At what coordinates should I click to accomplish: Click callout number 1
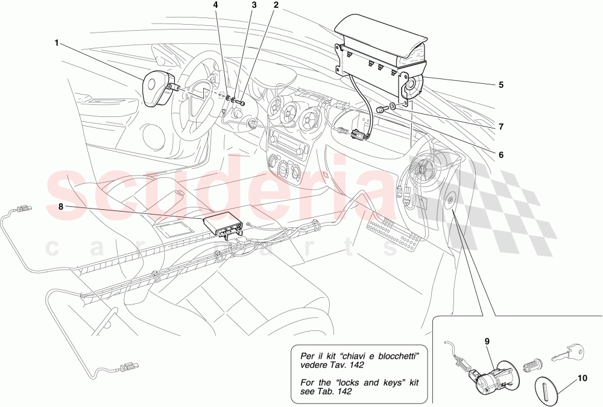tap(57, 43)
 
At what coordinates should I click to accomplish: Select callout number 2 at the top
tap(276, 5)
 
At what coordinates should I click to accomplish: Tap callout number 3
tap(254, 5)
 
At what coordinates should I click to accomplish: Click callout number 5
tap(500, 85)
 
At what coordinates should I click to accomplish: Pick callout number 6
tap(500, 154)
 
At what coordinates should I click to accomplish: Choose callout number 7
tap(500, 127)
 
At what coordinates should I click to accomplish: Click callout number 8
tap(60, 206)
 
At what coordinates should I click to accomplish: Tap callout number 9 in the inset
tap(487, 341)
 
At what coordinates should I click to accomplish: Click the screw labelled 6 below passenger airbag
tap(380, 110)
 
